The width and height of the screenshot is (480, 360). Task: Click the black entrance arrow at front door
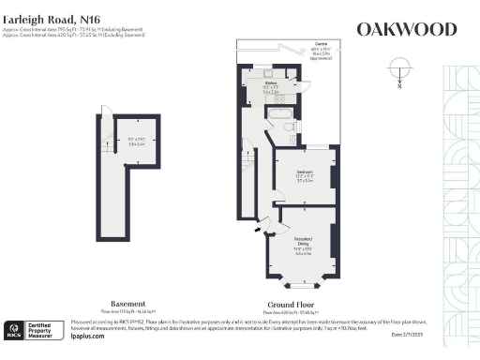259,226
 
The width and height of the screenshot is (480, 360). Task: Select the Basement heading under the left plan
127,304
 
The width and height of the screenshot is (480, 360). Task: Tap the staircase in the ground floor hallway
247,173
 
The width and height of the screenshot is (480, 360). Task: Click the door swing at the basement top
106,114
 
